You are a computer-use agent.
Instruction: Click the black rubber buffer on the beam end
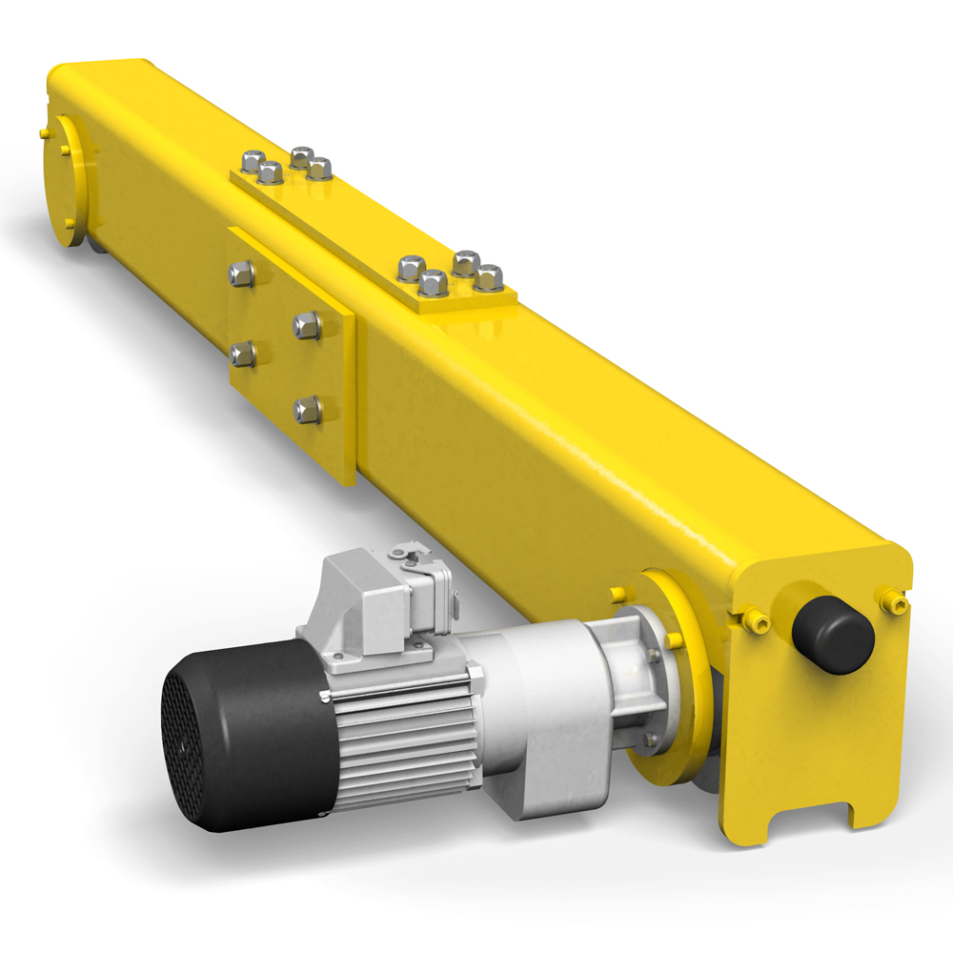point(833,635)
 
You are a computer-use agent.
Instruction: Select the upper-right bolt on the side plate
point(306,325)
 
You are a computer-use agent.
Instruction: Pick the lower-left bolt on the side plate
point(242,355)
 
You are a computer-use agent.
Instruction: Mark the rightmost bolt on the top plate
point(489,276)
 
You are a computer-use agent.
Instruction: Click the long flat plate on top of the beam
point(372,229)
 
